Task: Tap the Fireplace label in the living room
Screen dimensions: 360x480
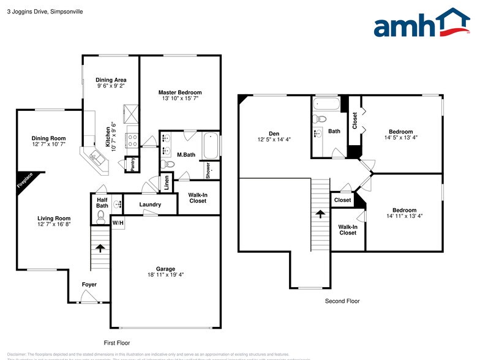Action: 24,182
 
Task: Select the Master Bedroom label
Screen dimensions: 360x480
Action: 179,92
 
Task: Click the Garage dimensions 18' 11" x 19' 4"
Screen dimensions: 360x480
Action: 165,276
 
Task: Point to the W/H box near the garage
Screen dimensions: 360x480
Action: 118,223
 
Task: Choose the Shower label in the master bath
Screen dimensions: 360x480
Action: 208,170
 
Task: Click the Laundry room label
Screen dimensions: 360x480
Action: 150,204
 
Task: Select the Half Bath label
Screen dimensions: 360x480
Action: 102,201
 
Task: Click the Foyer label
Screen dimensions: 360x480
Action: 89,285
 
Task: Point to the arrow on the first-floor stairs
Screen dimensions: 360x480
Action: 100,247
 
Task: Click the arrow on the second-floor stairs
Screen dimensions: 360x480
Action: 320,214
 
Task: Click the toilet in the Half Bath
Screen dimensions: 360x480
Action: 102,216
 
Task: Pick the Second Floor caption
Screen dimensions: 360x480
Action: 342,301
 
